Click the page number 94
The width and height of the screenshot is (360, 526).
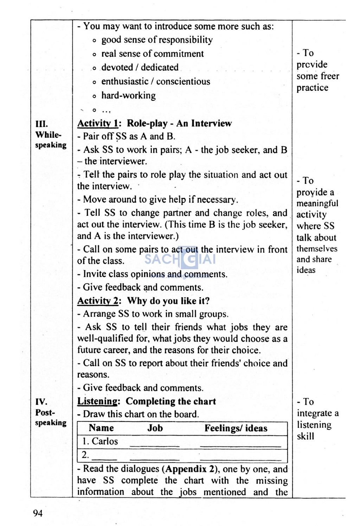pos(38,513)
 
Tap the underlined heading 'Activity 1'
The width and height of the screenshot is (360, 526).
pos(98,123)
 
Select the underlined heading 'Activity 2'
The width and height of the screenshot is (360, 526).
pos(98,301)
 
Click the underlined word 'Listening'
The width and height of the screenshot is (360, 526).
pos(97,401)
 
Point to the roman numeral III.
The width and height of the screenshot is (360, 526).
pos(41,124)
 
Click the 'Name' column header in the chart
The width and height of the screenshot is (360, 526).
pos(101,428)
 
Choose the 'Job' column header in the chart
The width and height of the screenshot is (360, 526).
pos(155,428)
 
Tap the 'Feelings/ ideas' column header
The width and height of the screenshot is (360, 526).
pos(236,428)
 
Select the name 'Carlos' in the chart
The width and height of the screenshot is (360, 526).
pos(105,441)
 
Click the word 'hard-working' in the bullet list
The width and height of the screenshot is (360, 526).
pos(128,96)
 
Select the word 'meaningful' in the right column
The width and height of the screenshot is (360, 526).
pos(317,203)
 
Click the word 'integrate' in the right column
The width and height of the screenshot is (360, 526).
pos(314,413)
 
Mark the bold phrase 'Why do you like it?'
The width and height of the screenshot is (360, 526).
pos(168,301)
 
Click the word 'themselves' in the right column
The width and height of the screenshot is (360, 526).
pos(317,249)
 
